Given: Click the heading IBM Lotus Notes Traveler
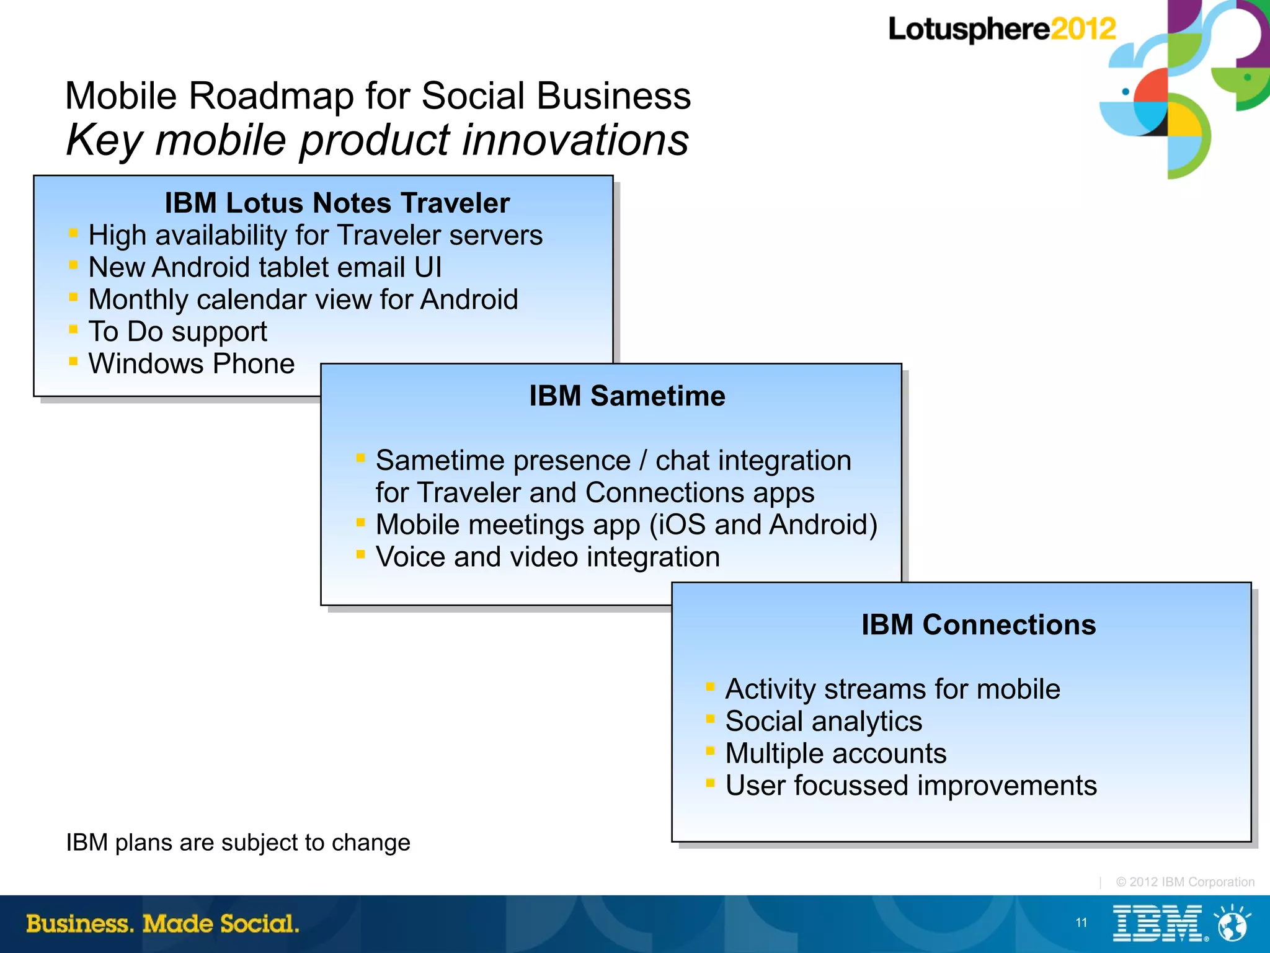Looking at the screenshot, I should click(x=337, y=203).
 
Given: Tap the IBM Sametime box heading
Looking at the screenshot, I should click(x=626, y=396).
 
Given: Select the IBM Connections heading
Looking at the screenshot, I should click(x=978, y=625).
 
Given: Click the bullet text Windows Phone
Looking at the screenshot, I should click(x=191, y=364).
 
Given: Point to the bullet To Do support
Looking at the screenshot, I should click(x=177, y=332).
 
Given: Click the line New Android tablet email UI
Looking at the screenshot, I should click(x=265, y=268).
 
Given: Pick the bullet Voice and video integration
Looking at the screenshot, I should click(x=548, y=557).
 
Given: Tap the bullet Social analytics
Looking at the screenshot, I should click(x=824, y=722).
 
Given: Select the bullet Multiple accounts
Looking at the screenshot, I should click(x=835, y=754).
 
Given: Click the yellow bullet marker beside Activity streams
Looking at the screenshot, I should click(x=710, y=686).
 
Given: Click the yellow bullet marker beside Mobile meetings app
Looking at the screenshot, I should click(x=360, y=522).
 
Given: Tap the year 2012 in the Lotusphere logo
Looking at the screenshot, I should click(x=1083, y=29).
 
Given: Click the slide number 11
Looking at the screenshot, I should click(x=1081, y=923).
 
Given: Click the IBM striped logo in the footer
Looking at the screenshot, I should click(x=1157, y=923).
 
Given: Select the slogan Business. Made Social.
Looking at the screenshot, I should click(x=162, y=924).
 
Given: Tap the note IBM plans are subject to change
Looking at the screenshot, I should click(x=238, y=843).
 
